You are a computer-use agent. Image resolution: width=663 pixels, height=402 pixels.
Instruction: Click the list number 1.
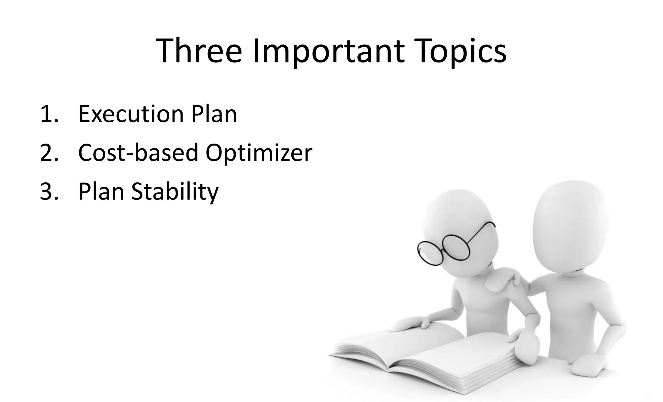(49, 114)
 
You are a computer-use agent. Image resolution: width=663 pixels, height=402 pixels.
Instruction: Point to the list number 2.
(49, 153)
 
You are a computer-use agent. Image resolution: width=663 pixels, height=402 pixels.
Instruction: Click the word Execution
(131, 114)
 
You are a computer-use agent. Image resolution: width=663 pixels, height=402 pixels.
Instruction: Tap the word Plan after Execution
(214, 114)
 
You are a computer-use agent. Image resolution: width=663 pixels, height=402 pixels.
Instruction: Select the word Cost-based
(138, 153)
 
